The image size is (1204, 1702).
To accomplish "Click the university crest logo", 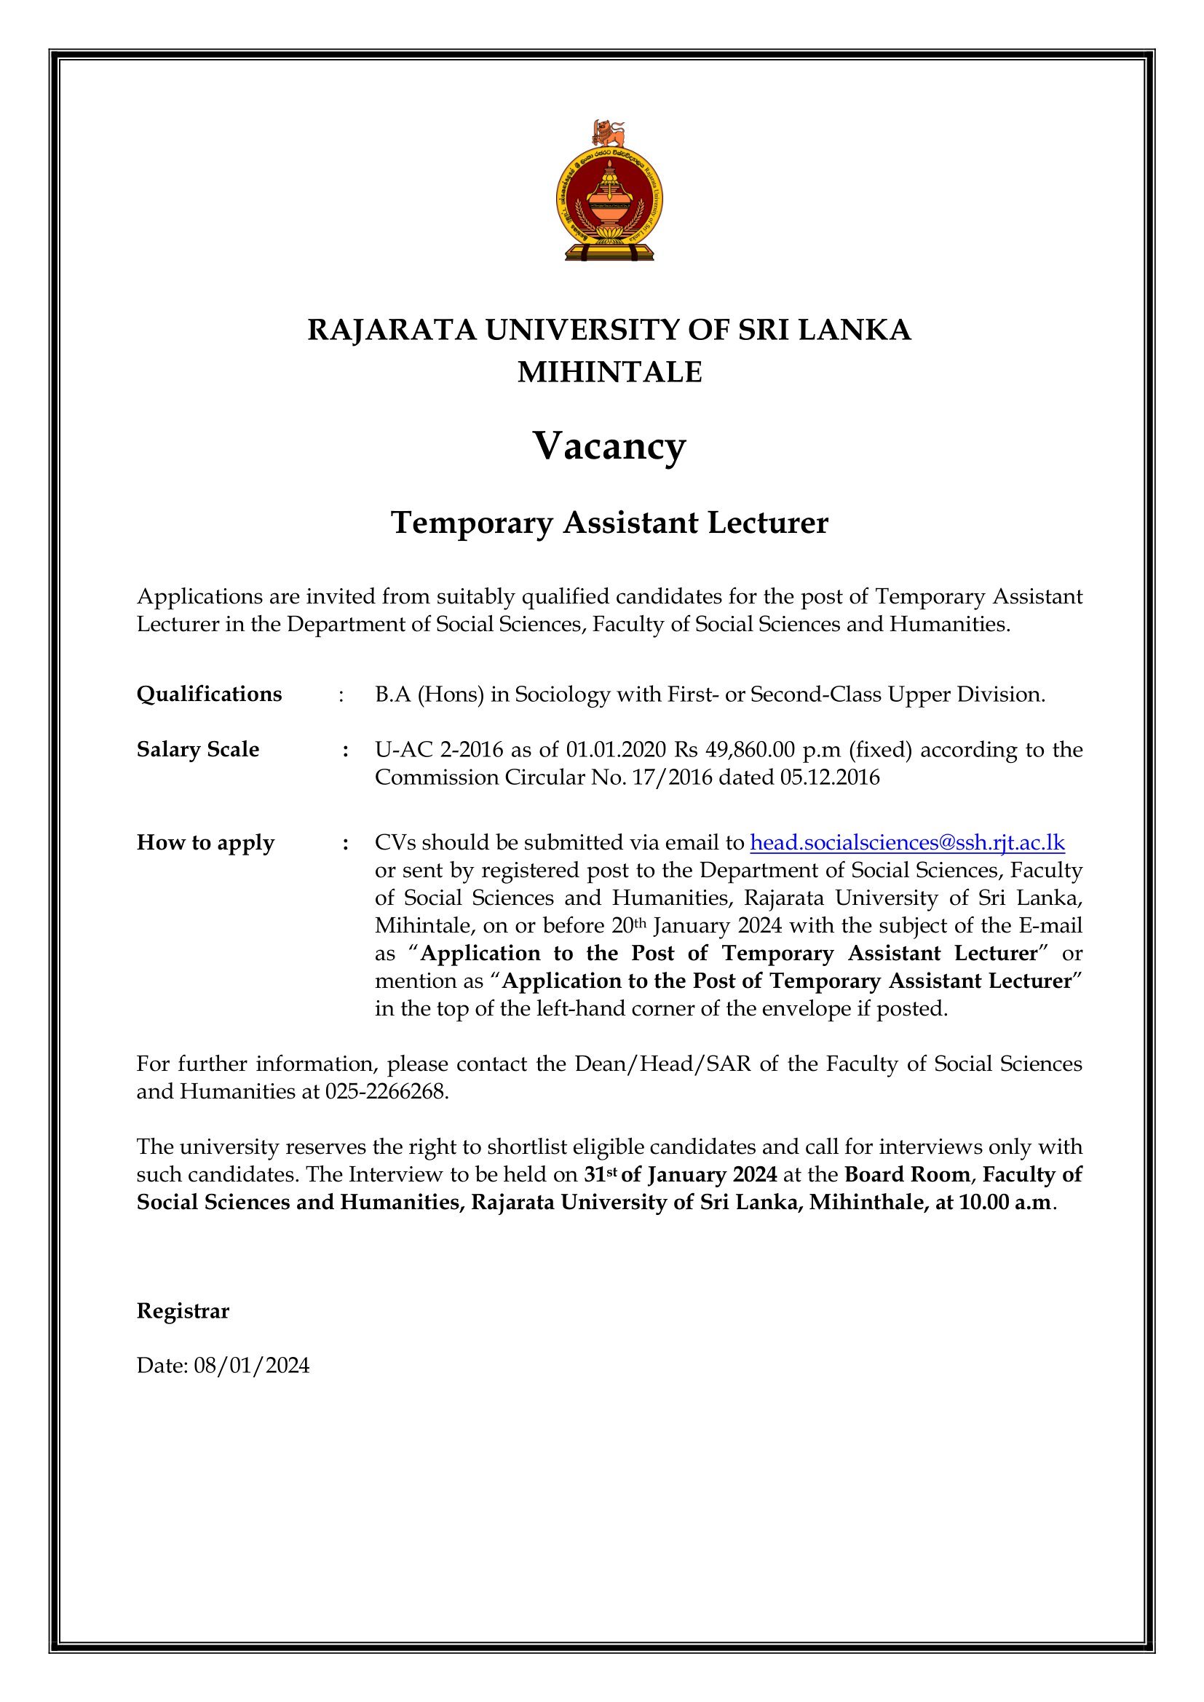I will [x=609, y=200].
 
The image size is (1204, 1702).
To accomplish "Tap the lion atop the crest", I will [x=609, y=133].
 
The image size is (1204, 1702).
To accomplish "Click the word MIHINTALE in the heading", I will [x=609, y=372].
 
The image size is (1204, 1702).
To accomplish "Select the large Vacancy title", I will [x=609, y=446].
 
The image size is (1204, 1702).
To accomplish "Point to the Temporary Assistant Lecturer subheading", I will [x=609, y=523].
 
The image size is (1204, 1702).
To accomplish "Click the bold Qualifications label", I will [x=209, y=694].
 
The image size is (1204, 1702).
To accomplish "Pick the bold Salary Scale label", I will [x=198, y=749].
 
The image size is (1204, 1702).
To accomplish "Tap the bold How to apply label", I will [x=205, y=842].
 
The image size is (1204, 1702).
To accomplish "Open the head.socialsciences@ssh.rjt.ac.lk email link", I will [x=908, y=842].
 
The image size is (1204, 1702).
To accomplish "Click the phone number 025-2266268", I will [x=387, y=1091].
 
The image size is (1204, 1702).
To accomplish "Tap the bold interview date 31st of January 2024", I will [x=681, y=1174].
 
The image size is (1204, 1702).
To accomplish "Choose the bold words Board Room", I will [x=908, y=1174].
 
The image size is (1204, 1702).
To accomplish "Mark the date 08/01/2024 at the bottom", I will [x=252, y=1366].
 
